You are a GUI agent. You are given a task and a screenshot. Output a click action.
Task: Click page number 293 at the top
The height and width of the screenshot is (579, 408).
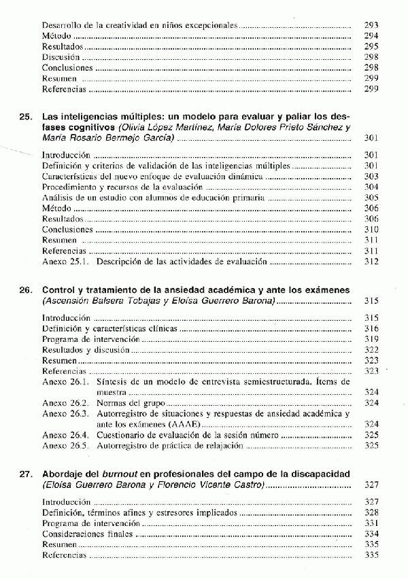click(371, 25)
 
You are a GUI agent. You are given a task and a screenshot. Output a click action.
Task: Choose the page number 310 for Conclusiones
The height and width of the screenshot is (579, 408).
click(371, 230)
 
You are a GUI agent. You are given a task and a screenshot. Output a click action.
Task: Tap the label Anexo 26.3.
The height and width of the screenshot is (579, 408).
click(66, 414)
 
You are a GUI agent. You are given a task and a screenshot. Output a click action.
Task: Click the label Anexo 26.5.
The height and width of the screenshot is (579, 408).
click(66, 446)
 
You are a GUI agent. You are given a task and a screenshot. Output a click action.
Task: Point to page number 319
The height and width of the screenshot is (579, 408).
click(371, 339)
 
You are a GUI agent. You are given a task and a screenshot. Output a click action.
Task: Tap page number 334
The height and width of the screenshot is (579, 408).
click(371, 534)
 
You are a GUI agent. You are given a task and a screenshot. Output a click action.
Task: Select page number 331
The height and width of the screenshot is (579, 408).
click(371, 523)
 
